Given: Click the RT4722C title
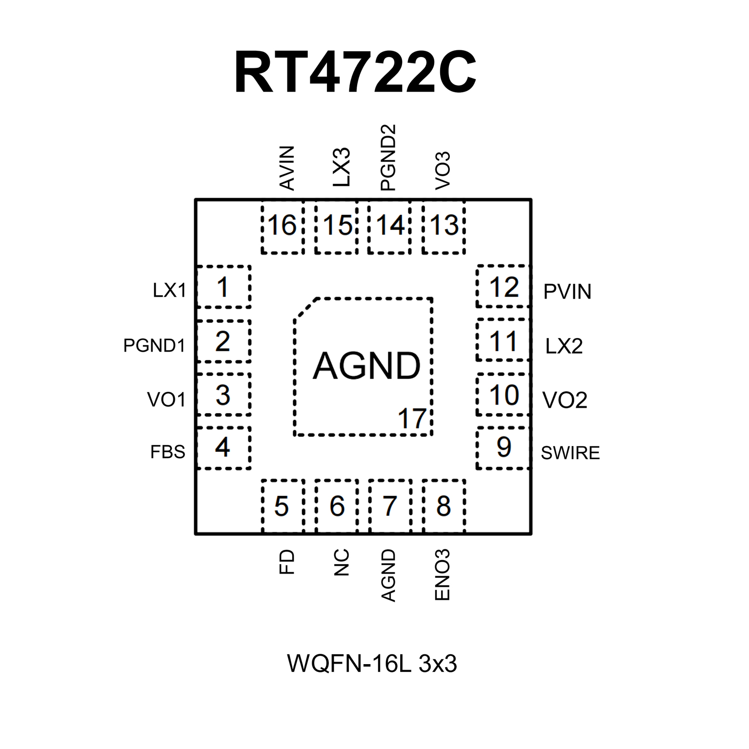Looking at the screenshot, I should coord(355,72).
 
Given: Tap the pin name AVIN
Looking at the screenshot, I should coord(287,168).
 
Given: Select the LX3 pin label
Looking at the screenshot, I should coord(342,167).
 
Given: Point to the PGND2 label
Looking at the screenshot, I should coord(388,157).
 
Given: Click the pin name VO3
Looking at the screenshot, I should coord(443,170).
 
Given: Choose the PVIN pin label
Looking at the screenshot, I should coord(567,292).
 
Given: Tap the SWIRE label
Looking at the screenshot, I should coord(570,453).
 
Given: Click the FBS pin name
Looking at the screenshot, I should coord(167,452).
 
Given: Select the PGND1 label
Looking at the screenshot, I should coord(154,345).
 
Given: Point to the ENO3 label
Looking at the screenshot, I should coord(442,574).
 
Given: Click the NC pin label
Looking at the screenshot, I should coord(342,562).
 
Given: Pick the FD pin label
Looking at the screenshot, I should coord(287,562).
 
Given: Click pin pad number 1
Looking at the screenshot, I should coord(223,287).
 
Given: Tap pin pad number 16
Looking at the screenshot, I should coord(282,225).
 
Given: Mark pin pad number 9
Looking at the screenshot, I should coord(504,447).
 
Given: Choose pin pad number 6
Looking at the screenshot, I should coord(337,506).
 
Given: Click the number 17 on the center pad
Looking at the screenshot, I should coord(412,419).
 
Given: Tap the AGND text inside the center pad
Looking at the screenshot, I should coord(366,365).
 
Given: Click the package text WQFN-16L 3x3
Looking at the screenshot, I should coord(372,664).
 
